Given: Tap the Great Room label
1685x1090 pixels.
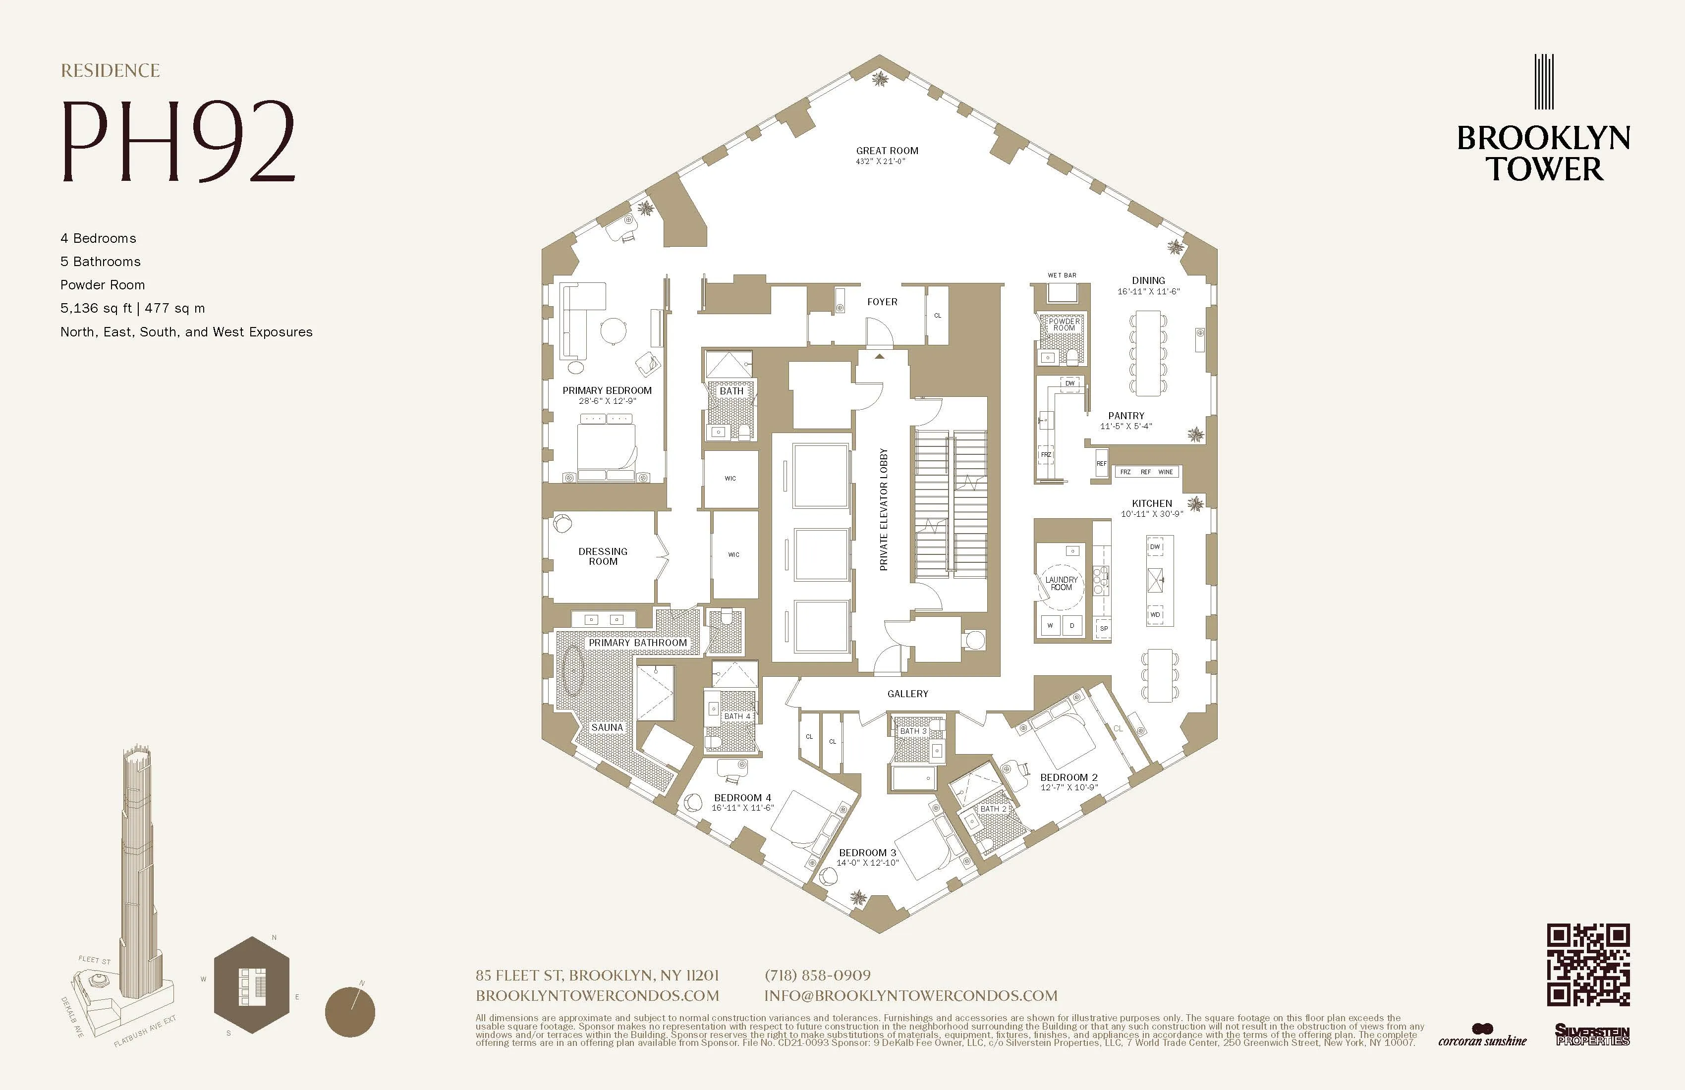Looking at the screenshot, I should [887, 151].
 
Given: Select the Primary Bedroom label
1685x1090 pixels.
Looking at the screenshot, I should [607, 391].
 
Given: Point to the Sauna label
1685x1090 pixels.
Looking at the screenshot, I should [607, 728].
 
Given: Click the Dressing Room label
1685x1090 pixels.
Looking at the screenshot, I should [603, 556].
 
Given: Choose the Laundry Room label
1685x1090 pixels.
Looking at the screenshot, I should [1061, 583].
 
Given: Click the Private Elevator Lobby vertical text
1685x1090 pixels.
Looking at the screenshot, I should [883, 510].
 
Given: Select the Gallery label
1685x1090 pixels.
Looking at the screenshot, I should [907, 694].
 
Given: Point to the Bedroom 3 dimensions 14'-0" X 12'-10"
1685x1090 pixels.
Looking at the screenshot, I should [867, 863].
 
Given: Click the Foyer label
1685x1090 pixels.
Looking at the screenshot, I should [882, 302].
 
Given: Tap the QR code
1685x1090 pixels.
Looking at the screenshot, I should [1588, 965].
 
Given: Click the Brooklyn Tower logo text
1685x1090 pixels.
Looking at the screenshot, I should [1543, 154].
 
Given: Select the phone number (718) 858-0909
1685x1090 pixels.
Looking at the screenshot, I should [818, 976].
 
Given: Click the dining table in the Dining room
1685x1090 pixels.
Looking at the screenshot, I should [1148, 352].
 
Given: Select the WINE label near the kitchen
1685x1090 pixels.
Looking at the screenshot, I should [1165, 472].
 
